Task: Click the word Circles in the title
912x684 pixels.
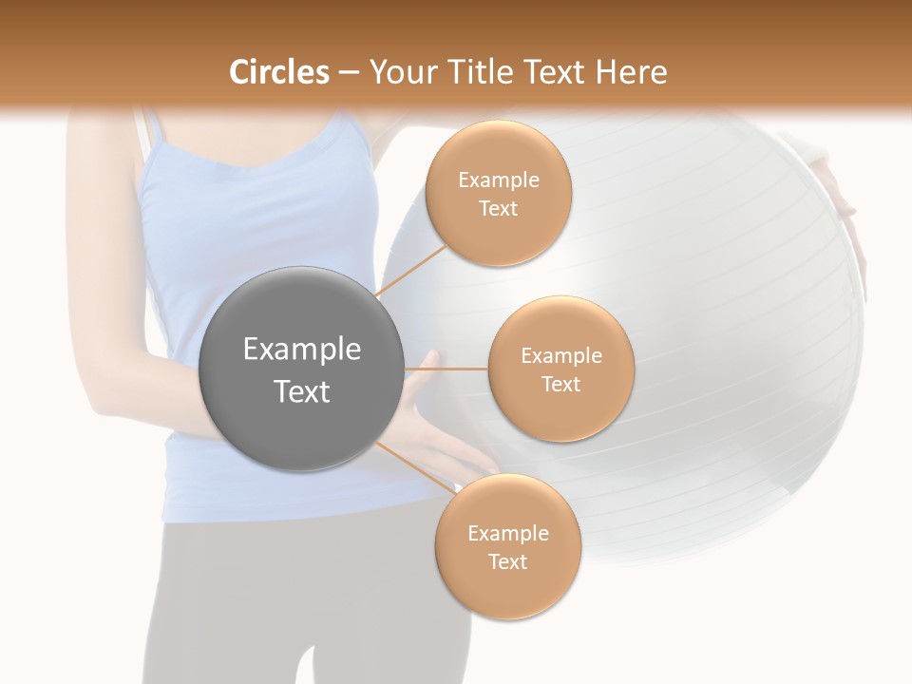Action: (279, 72)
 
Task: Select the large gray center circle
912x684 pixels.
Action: (302, 369)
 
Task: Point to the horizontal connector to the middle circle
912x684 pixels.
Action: (446, 369)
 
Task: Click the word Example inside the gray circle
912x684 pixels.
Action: (302, 350)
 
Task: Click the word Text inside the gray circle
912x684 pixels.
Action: (302, 391)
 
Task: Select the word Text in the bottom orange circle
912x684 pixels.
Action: (507, 561)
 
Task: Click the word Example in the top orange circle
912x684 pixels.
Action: (498, 180)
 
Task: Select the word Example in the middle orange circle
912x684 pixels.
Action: (560, 356)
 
